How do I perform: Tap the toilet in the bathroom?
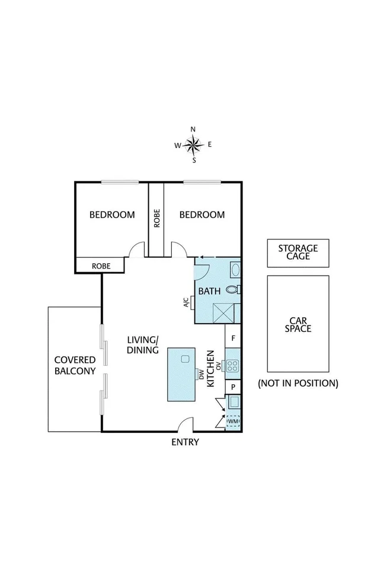click(233, 289)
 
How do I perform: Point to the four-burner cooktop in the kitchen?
click(232, 366)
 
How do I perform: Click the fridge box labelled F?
click(234, 339)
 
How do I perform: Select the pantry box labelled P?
click(234, 386)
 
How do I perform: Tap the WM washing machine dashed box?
click(233, 422)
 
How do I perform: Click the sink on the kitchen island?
click(185, 359)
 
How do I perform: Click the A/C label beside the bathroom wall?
click(186, 303)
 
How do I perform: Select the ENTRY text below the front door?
click(185, 442)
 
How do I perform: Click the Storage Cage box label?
click(298, 252)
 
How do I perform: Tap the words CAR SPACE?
click(298, 324)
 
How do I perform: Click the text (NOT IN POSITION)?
click(298, 383)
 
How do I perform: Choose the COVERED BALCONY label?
click(75, 365)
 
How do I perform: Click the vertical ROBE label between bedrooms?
click(156, 218)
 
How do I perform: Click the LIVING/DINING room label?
click(143, 344)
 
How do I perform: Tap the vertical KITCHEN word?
click(210, 368)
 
